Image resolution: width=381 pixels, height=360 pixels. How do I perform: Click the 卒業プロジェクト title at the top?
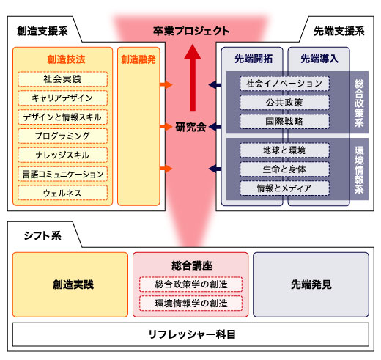[190, 31]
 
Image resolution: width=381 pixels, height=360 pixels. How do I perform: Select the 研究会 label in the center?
[190, 126]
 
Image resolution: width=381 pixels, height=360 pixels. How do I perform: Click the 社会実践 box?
[63, 78]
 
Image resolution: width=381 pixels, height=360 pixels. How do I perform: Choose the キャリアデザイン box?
[63, 98]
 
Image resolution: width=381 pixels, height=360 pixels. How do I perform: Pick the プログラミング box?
[63, 136]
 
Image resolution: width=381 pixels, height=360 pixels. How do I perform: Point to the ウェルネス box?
[63, 193]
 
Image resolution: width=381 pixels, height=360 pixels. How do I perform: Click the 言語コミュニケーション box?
[63, 174]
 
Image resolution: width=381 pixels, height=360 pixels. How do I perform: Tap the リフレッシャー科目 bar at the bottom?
[190, 334]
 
